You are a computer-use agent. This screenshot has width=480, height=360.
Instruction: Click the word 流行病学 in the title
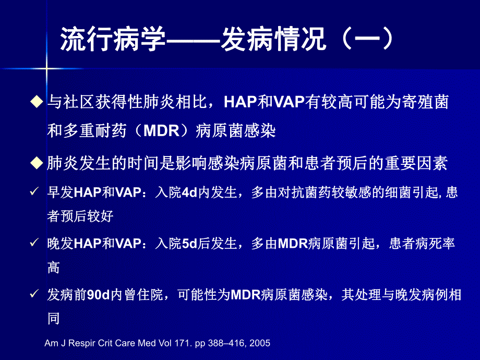[x=113, y=41]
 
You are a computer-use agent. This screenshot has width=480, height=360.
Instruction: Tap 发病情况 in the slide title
[x=274, y=41]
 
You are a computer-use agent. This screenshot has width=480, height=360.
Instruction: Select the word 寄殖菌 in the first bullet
[x=428, y=102]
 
